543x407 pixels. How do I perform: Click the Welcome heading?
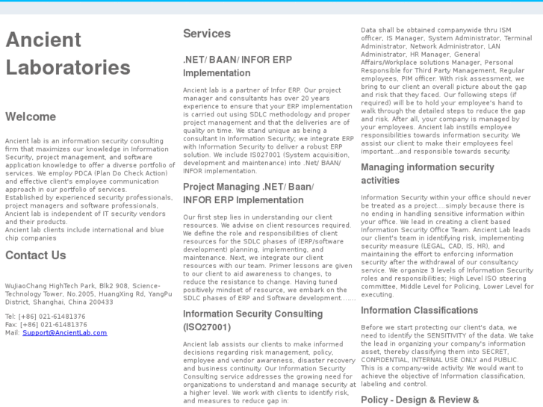pos(31,116)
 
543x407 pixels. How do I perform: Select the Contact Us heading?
pos(36,255)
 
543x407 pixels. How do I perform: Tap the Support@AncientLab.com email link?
pos(64,332)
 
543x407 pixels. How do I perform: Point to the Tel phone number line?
pos(45,316)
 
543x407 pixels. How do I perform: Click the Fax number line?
pos(45,324)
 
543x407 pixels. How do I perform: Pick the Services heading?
pos(207,34)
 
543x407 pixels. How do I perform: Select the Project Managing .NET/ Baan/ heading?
pos(248,187)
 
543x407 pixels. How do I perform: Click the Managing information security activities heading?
pos(427,173)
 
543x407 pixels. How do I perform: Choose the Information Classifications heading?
pos(419,310)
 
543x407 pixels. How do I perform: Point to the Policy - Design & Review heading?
pos(419,400)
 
